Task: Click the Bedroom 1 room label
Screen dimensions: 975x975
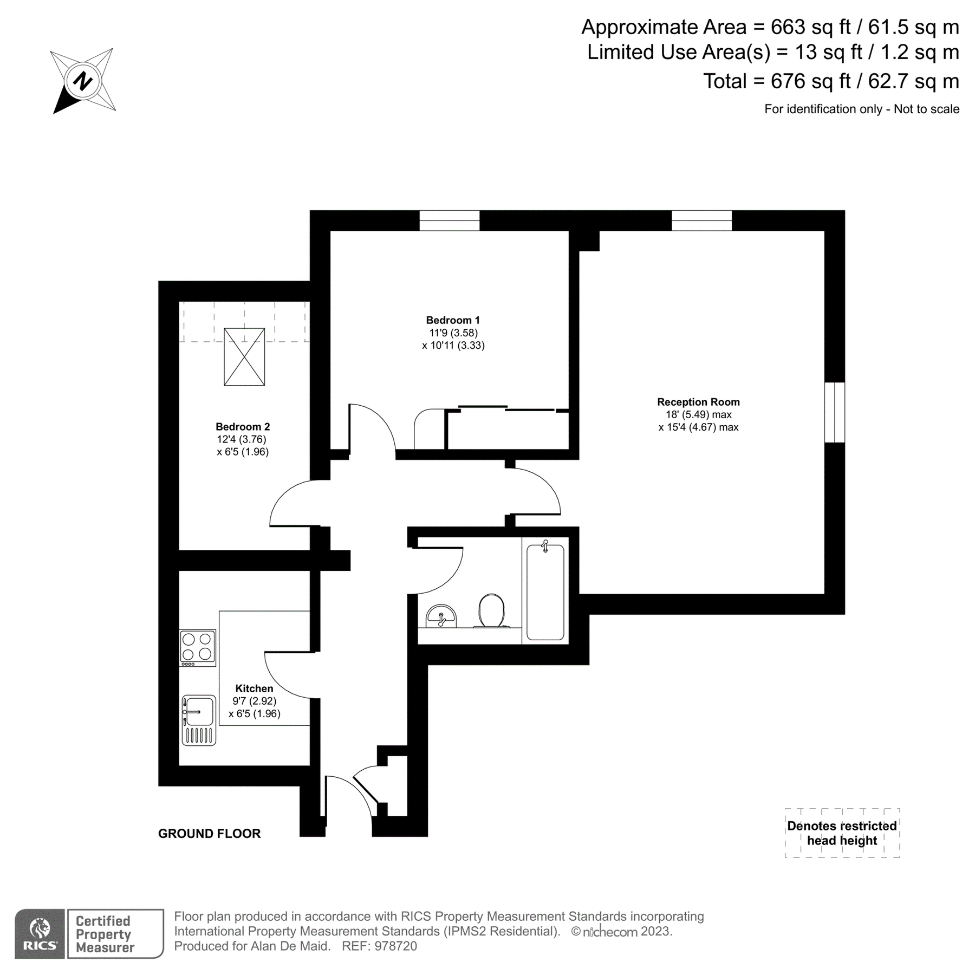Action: pyautogui.click(x=453, y=320)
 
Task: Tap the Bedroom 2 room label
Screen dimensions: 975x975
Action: pyautogui.click(x=243, y=427)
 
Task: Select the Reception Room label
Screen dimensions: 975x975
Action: pyautogui.click(x=698, y=402)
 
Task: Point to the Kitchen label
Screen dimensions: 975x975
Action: pyautogui.click(x=254, y=688)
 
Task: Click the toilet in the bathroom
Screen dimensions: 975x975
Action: pyautogui.click(x=491, y=610)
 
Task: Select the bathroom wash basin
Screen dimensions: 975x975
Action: pyautogui.click(x=441, y=616)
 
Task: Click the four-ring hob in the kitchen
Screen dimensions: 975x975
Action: pyautogui.click(x=198, y=647)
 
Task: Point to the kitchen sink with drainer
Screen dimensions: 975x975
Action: pyautogui.click(x=199, y=720)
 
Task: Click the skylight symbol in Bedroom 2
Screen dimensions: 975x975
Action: pyautogui.click(x=244, y=356)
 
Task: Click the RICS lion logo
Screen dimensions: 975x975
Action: pyautogui.click(x=40, y=933)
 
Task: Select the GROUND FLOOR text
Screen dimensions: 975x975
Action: pyautogui.click(x=209, y=834)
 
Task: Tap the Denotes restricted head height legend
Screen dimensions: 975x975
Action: pyautogui.click(x=842, y=833)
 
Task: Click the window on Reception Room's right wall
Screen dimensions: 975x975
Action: pyautogui.click(x=835, y=412)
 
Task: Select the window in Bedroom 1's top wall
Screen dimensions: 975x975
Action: pyautogui.click(x=450, y=220)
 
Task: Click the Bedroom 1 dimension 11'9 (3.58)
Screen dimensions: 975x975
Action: pyautogui.click(x=453, y=333)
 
